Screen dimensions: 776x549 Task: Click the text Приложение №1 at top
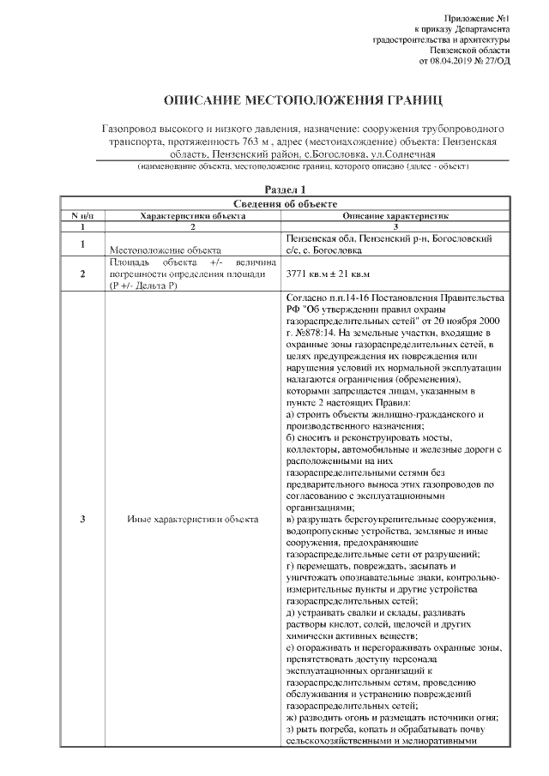pos(482,18)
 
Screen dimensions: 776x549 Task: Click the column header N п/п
pos(81,216)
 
